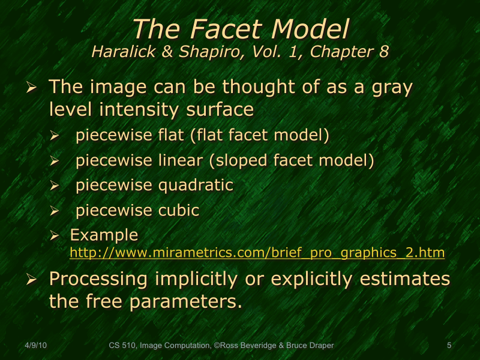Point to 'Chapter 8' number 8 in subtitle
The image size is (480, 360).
[383, 52]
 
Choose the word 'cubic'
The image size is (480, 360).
[178, 211]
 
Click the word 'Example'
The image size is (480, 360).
[104, 235]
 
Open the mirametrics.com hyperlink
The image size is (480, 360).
[257, 253]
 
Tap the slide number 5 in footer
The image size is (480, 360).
[449, 345]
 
